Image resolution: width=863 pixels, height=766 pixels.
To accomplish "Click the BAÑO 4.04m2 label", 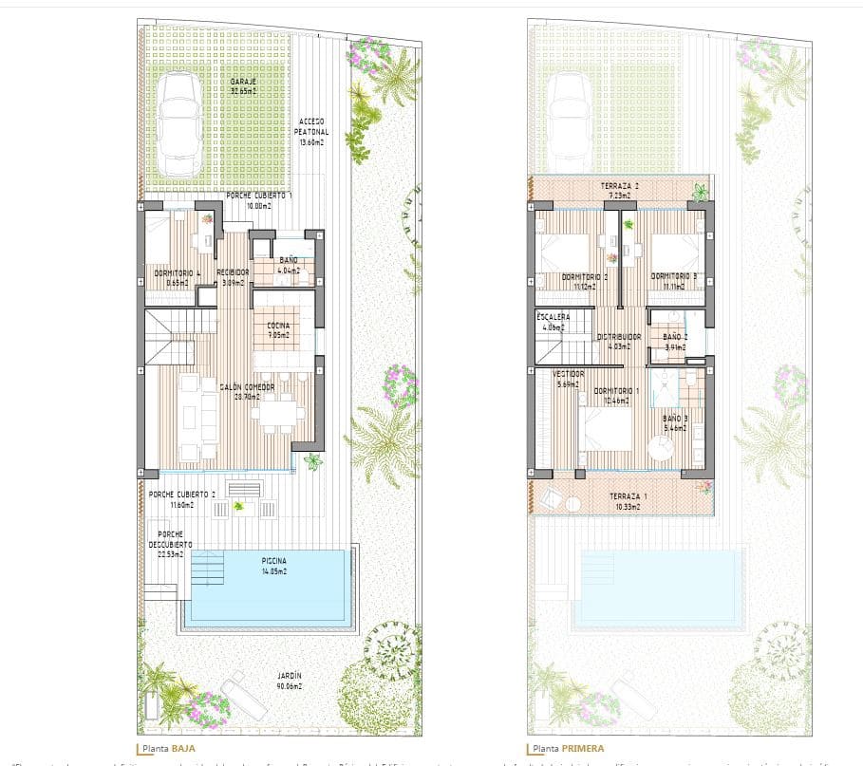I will pyautogui.click(x=288, y=265).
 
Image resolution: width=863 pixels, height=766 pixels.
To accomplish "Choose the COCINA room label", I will pyautogui.click(x=278, y=329).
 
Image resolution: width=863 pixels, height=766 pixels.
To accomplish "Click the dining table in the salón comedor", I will pyautogui.click(x=279, y=411).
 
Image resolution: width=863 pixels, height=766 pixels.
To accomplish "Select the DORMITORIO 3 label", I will pyautogui.click(x=674, y=280).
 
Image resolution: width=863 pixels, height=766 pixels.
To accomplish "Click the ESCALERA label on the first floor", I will pyautogui.click(x=553, y=321).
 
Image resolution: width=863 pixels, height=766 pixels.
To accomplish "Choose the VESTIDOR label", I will pyautogui.click(x=568, y=379).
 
